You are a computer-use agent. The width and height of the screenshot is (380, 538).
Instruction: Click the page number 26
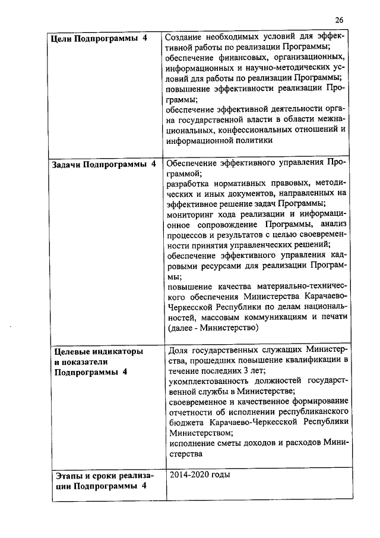click(339, 19)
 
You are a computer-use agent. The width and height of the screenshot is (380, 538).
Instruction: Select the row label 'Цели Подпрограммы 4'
click(95, 39)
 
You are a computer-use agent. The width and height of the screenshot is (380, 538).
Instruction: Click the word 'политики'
click(255, 141)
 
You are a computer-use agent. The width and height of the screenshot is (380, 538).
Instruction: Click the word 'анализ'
click(334, 224)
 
